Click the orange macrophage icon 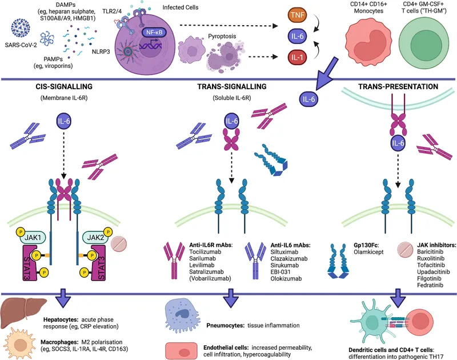tap(21, 345)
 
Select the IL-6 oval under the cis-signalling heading tap(64, 121)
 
